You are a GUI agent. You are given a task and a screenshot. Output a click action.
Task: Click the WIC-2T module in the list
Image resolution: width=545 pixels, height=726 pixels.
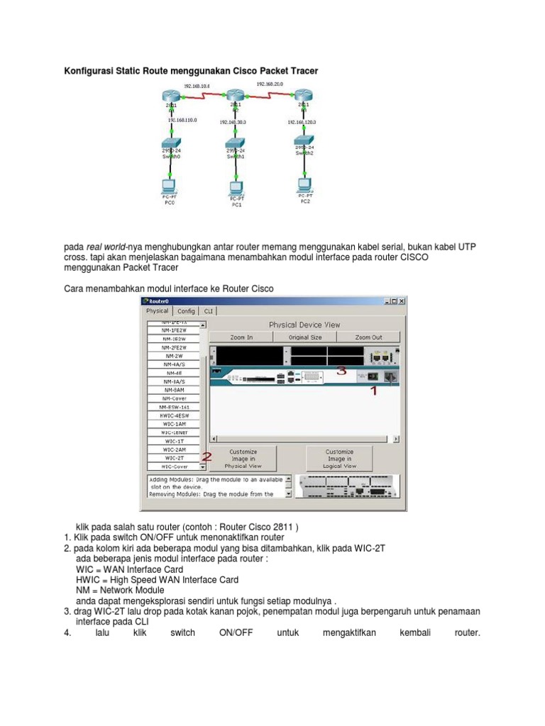175,458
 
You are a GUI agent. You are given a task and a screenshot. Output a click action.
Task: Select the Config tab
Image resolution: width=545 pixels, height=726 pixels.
186,311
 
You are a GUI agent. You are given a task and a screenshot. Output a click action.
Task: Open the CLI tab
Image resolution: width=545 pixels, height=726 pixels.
209,311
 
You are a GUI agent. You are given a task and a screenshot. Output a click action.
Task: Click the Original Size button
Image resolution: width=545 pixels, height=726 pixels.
304,337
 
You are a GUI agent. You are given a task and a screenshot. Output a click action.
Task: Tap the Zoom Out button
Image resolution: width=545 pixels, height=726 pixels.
368,337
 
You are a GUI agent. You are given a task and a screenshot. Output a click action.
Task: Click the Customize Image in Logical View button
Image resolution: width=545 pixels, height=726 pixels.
339,459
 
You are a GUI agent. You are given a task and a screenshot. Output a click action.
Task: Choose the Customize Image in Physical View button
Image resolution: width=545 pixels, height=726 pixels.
243,459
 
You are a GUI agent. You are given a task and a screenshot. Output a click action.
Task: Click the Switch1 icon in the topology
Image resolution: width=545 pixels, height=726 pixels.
236,145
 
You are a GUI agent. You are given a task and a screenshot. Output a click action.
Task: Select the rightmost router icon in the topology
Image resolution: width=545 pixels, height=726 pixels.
303,96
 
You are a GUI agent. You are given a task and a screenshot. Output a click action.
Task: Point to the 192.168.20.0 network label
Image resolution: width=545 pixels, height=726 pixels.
270,84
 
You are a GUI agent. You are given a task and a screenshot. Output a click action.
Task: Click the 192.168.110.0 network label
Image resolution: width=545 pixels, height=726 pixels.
183,121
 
